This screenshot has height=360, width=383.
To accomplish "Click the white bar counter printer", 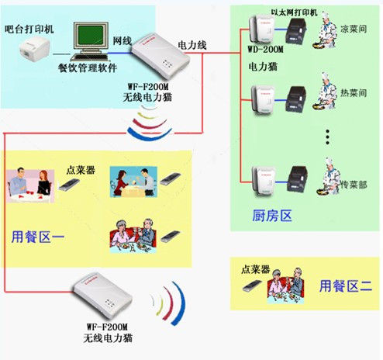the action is tap(34, 50).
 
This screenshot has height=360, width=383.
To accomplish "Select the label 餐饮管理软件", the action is tap(88, 68).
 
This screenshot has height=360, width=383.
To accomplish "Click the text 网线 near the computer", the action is tap(122, 40).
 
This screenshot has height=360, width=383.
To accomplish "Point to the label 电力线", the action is tap(191, 45).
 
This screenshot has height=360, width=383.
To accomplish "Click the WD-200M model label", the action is tap(265, 49).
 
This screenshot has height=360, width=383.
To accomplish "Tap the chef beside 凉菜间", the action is tap(325, 30).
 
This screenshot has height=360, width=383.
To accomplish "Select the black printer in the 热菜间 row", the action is tap(296, 99).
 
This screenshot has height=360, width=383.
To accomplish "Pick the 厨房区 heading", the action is tap(272, 216).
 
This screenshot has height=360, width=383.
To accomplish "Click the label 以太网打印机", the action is tap(294, 12).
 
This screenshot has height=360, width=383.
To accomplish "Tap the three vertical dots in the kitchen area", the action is tap(327, 137).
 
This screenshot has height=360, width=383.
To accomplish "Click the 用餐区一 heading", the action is tap(38, 237).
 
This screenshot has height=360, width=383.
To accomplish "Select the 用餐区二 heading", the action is tap(346, 286).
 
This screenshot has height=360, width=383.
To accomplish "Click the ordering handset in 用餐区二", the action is tap(252, 286).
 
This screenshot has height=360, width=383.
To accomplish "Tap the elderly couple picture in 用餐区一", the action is tap(133, 236).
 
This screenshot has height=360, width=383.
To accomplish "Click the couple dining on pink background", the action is tap(30, 185).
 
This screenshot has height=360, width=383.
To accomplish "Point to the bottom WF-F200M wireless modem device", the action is tap(102, 296).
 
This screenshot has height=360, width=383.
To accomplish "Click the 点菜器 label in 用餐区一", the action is tap(81, 170).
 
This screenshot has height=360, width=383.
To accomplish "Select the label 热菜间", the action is tap(354, 92).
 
